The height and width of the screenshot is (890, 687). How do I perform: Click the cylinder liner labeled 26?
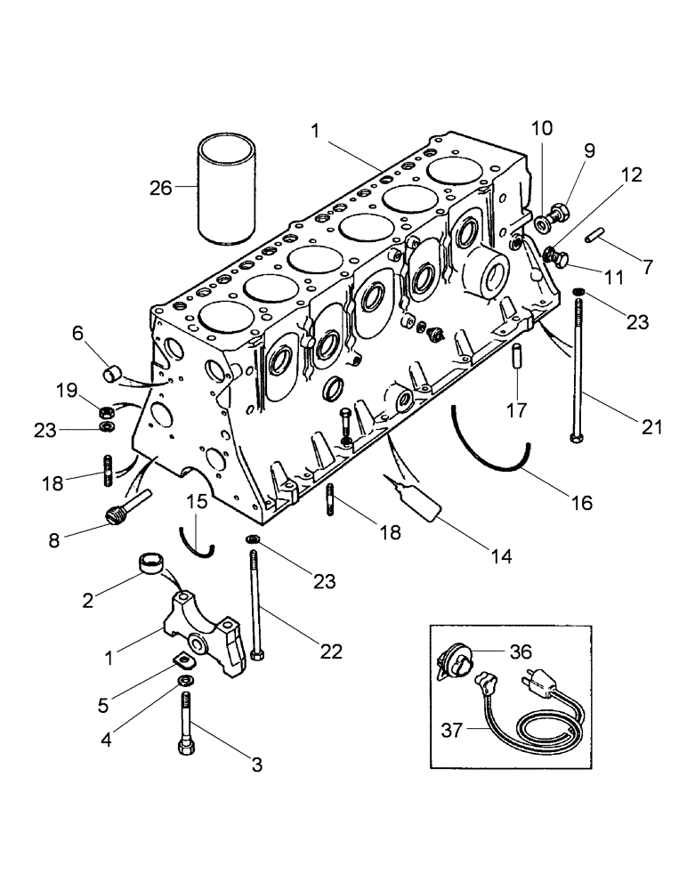(226, 188)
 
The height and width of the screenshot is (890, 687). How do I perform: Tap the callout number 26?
(161, 187)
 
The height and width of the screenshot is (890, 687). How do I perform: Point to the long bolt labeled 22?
(255, 605)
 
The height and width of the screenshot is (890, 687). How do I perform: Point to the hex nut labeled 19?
(105, 413)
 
